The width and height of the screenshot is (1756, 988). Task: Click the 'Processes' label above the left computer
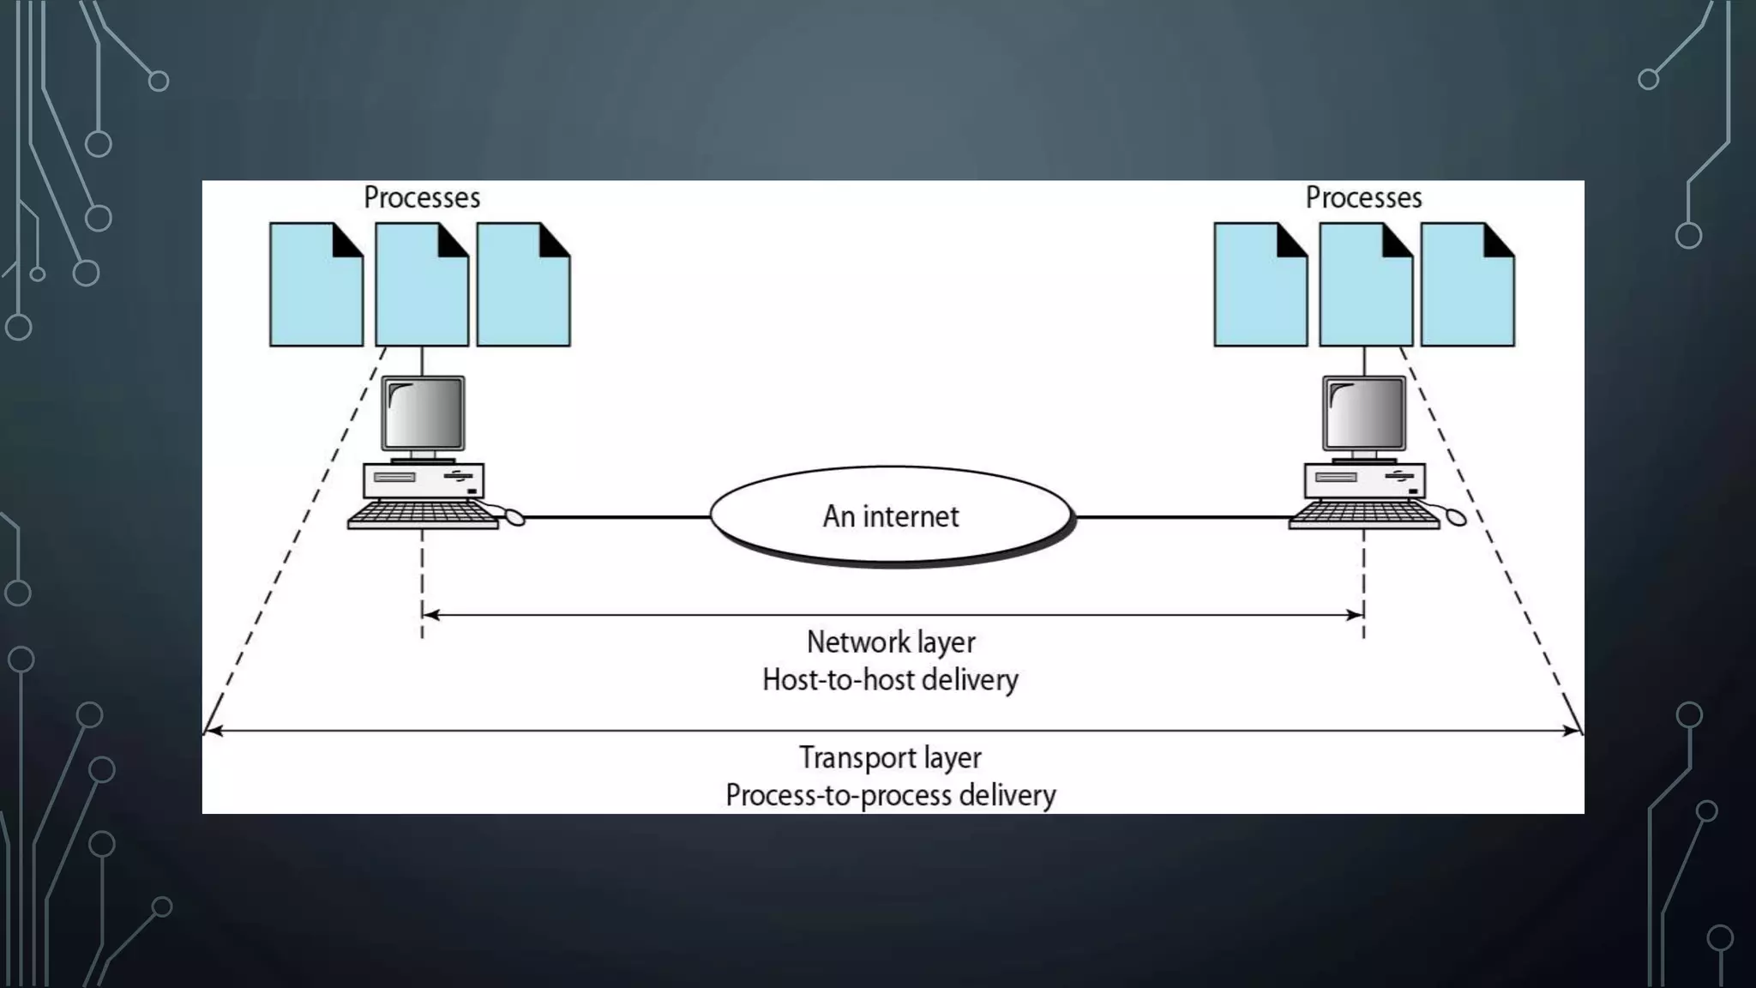click(421, 198)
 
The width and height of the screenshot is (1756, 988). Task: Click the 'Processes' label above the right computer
click(1363, 198)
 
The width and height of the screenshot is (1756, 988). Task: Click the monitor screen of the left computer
click(423, 413)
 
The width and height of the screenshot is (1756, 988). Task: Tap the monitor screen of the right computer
click(1364, 413)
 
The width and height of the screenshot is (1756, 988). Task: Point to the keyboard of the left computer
click(422, 515)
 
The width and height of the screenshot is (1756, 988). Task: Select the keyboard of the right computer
click(1363, 515)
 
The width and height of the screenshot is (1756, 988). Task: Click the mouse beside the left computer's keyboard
click(514, 516)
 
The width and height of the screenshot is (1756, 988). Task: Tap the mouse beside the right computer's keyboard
click(1455, 516)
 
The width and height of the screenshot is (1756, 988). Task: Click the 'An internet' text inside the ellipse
click(891, 516)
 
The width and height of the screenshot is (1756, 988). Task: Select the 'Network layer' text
click(891, 642)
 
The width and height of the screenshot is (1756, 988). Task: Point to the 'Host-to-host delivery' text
click(890, 680)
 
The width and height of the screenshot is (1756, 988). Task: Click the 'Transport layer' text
click(890, 758)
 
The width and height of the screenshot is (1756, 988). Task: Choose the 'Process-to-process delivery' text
click(890, 795)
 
